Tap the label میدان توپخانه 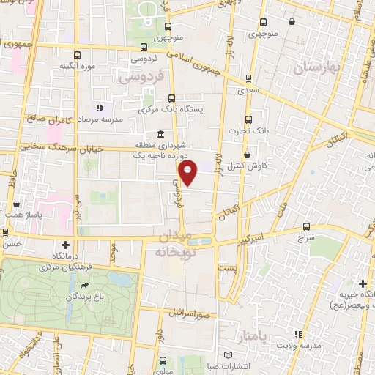coord(173,244)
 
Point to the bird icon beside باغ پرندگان coord(86,285)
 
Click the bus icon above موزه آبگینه coord(78,54)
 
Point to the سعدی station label coord(248,92)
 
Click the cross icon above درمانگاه coord(67,245)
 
